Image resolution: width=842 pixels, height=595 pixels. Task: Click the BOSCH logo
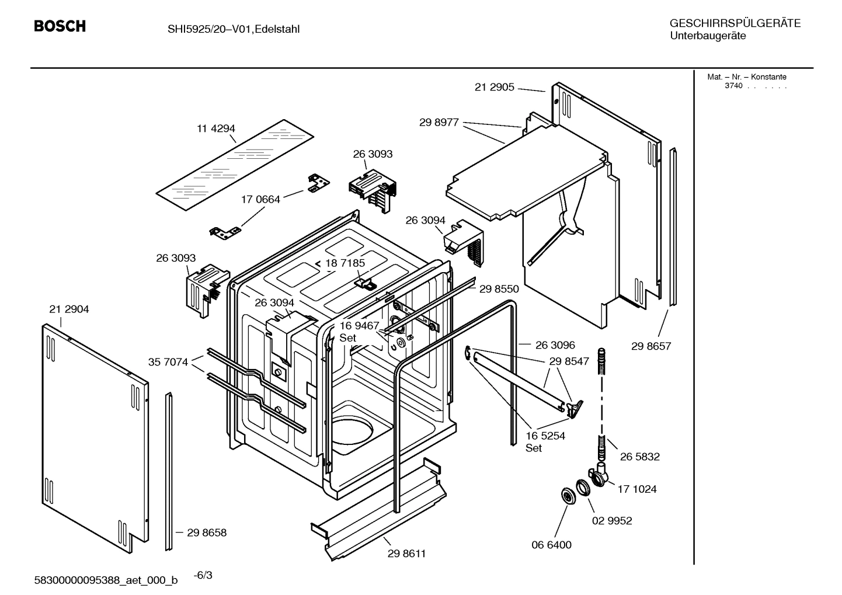60,26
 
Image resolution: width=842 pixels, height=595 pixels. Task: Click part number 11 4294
215,128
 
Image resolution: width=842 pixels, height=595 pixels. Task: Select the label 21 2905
494,87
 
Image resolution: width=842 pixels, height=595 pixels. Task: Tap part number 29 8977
439,123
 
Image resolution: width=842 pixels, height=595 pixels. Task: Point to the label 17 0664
260,199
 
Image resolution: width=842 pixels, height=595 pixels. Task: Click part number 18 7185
345,263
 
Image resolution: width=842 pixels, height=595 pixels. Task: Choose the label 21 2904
69,309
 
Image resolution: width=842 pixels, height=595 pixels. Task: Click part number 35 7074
168,362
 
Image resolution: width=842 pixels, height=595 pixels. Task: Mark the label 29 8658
207,533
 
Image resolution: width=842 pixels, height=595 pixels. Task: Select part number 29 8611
406,554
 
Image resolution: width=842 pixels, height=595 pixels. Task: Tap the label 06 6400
551,545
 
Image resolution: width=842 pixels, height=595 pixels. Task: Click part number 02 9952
612,521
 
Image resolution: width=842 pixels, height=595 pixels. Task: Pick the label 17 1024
636,489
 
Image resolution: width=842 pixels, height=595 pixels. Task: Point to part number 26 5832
639,457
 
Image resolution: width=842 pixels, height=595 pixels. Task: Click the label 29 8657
651,346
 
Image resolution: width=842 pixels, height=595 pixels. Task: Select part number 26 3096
555,345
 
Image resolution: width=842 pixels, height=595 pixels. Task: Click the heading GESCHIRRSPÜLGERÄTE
735,23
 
